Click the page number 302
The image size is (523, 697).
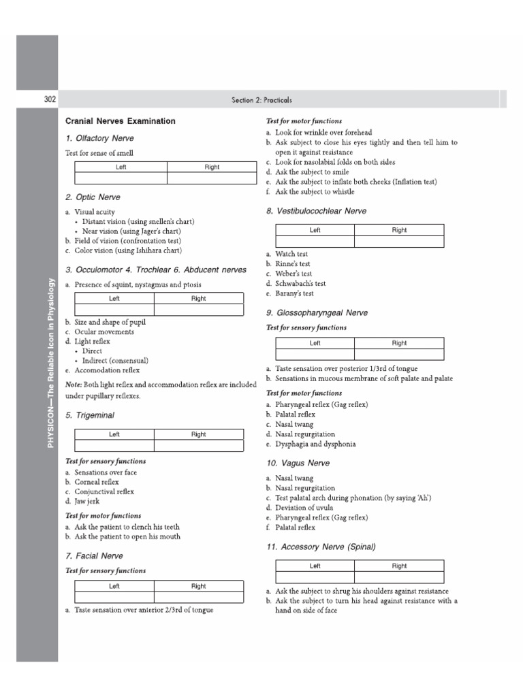[50, 99]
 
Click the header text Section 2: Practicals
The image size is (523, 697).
[261, 100]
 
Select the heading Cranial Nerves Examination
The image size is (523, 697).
[120, 121]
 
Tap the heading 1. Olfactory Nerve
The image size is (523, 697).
[99, 138]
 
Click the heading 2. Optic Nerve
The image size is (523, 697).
[93, 197]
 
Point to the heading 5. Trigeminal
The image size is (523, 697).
[90, 415]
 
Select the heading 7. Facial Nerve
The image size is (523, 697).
[94, 556]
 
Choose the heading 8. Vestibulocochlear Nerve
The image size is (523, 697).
[316, 212]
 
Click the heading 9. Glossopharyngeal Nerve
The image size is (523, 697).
[317, 313]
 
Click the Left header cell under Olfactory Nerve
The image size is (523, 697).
[121, 167]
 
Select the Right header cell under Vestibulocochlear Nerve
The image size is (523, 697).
[399, 230]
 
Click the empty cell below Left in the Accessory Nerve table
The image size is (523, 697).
[315, 577]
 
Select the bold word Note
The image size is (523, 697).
[74, 385]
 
